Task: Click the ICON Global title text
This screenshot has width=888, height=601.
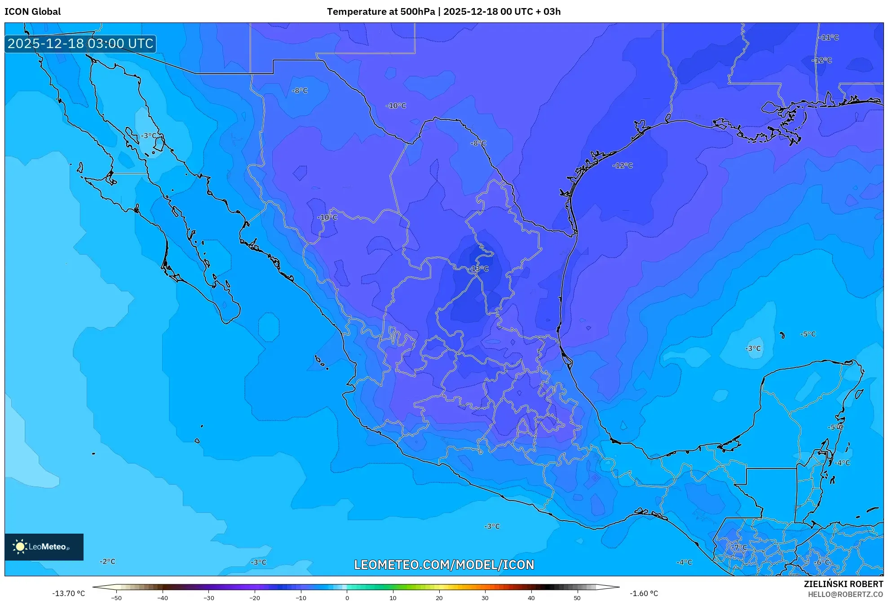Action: click(x=32, y=12)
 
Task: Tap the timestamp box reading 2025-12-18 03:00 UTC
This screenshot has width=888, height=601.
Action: click(x=80, y=44)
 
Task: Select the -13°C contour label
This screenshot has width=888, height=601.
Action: click(x=479, y=269)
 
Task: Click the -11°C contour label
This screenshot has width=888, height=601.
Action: click(x=828, y=38)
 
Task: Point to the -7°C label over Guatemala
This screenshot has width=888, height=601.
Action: click(x=739, y=548)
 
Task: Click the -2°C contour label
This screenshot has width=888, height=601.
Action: click(x=107, y=561)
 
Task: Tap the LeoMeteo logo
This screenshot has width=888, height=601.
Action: click(x=44, y=547)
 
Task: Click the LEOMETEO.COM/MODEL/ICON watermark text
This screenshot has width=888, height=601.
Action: click(x=444, y=565)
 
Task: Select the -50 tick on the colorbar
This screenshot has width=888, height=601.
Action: click(x=116, y=597)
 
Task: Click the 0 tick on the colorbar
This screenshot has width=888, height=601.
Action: click(x=347, y=597)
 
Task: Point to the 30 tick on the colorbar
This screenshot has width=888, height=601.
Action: click(x=485, y=597)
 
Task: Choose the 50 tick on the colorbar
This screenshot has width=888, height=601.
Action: click(x=577, y=597)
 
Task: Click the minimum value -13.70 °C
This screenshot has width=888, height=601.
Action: click(x=68, y=593)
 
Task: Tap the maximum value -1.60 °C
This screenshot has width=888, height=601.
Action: click(x=644, y=593)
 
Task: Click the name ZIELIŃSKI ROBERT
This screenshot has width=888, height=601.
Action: click(x=843, y=584)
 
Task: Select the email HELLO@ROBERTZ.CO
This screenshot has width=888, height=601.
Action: click(x=845, y=594)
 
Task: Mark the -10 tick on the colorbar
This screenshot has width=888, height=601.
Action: click(x=300, y=597)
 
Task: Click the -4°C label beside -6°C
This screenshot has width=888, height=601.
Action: click(x=684, y=562)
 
